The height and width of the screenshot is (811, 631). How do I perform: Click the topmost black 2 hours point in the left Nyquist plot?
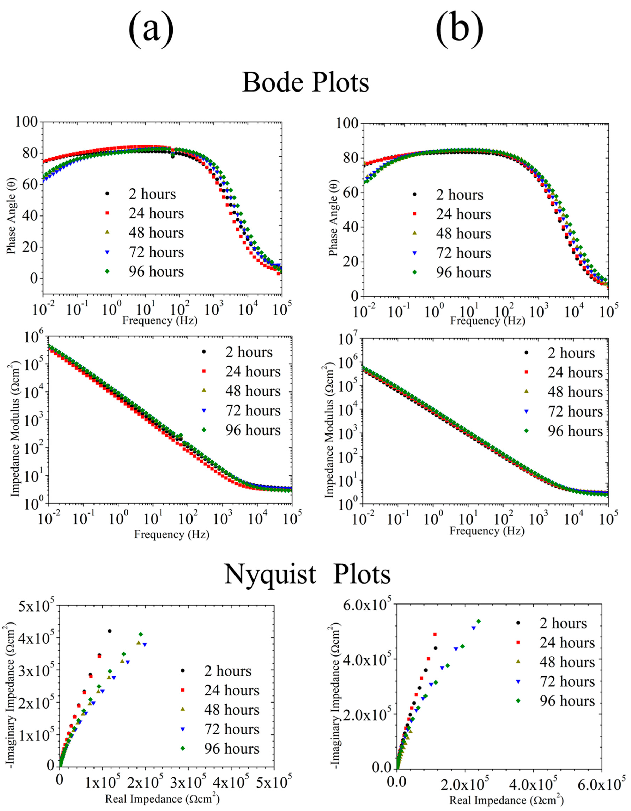109,631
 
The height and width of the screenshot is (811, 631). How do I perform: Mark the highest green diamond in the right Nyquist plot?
478,621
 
